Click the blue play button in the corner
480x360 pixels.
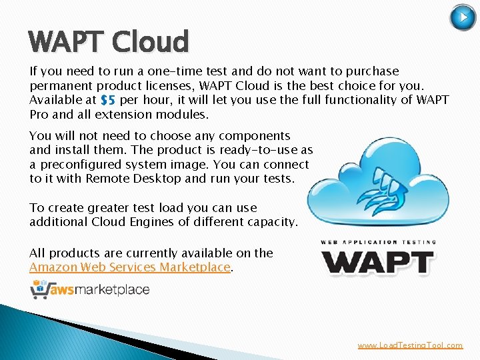tap(463, 17)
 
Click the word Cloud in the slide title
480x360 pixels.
tap(151, 41)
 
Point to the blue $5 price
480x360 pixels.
tap(107, 100)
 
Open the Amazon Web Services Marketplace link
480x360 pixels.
tap(130, 267)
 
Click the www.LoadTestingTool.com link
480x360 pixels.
tap(409, 345)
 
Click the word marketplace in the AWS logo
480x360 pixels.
tap(120, 289)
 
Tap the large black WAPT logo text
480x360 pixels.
tap(379, 261)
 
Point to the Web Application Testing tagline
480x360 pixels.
tap(379, 242)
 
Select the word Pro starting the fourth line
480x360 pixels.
tap(39, 114)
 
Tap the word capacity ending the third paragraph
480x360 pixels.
tap(269, 222)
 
